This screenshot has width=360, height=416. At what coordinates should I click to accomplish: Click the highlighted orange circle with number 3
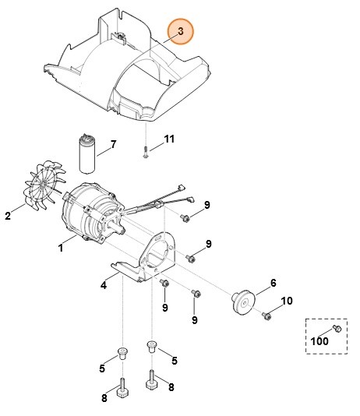click(x=181, y=32)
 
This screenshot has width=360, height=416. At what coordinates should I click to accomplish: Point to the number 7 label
click(x=113, y=144)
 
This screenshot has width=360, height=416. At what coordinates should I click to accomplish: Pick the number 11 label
click(x=169, y=139)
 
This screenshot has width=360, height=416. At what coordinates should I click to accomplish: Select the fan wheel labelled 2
click(x=39, y=189)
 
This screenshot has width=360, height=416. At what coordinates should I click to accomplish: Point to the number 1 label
click(x=61, y=249)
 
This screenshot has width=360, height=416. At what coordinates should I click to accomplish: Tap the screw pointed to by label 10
click(x=266, y=315)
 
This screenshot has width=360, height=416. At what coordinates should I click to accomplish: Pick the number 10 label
click(x=286, y=301)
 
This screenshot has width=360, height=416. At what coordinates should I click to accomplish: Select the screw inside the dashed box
click(x=337, y=327)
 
